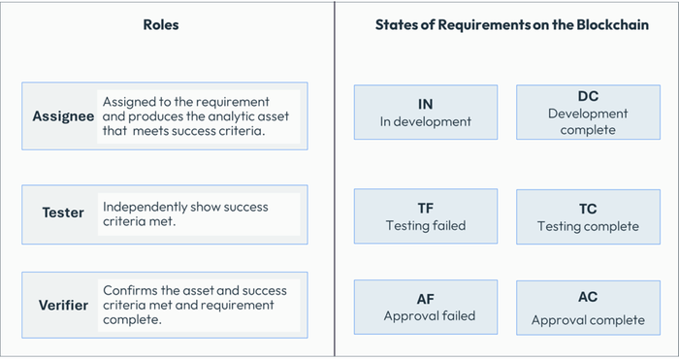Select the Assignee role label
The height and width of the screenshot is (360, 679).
pyautogui.click(x=63, y=116)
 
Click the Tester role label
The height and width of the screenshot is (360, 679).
pyautogui.click(x=63, y=213)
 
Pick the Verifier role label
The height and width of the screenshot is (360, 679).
pyautogui.click(x=63, y=305)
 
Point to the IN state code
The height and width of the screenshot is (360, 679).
pyautogui.click(x=425, y=104)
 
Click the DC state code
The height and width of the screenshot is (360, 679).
pyautogui.click(x=587, y=97)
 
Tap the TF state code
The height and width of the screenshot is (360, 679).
pyautogui.click(x=425, y=208)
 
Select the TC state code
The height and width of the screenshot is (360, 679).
pyautogui.click(x=588, y=209)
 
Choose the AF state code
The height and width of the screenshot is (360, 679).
pyautogui.click(x=425, y=299)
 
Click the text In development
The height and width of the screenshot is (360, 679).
pyautogui.click(x=425, y=122)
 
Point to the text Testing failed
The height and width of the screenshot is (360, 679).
pyautogui.click(x=425, y=225)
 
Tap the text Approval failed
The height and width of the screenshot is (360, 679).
pyautogui.click(x=425, y=316)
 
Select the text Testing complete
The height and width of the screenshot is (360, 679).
pyautogui.click(x=588, y=226)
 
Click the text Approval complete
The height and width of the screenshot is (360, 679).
pyautogui.click(x=588, y=319)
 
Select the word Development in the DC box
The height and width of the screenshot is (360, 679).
pyautogui.click(x=588, y=114)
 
